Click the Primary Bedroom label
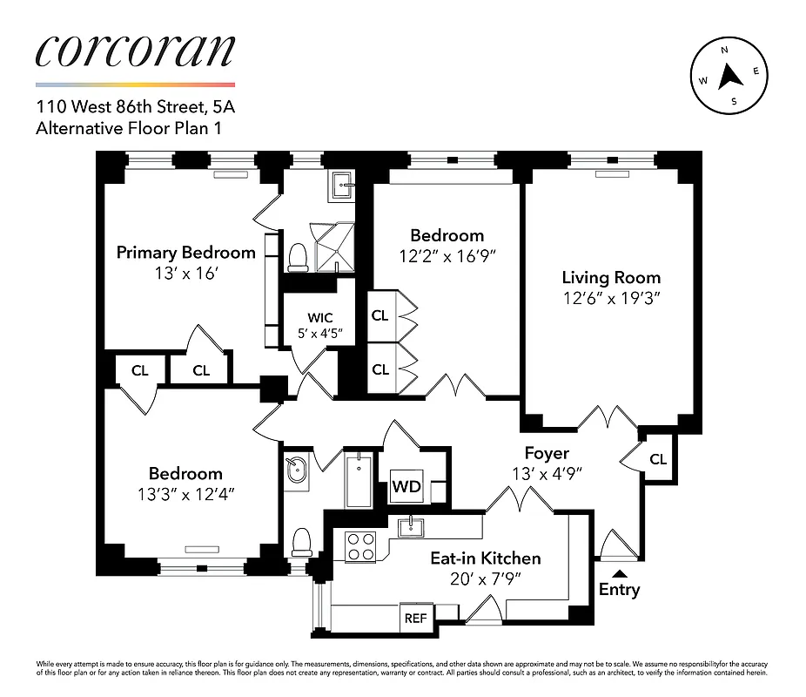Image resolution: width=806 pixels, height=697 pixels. (x=186, y=253)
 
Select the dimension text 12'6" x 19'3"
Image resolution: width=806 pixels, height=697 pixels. (x=611, y=299)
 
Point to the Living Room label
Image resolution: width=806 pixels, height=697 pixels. (x=611, y=278)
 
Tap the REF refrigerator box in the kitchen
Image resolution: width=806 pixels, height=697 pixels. (x=416, y=618)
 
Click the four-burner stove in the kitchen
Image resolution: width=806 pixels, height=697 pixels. (x=360, y=545)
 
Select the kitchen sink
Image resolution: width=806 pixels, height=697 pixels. (x=410, y=527)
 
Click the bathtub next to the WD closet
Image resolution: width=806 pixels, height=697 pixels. (x=358, y=480)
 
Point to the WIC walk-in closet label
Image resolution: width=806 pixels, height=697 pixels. (x=320, y=317)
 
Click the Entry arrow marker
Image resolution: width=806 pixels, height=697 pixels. (x=619, y=572)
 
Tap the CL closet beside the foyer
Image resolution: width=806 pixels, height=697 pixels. (x=658, y=458)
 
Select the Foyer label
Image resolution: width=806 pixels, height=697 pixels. (x=547, y=453)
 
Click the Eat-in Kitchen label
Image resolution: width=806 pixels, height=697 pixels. (x=486, y=558)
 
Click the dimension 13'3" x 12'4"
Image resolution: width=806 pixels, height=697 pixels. (x=185, y=495)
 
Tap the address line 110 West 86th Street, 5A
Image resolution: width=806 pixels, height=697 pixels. (x=135, y=109)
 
